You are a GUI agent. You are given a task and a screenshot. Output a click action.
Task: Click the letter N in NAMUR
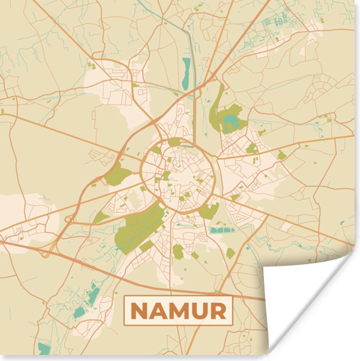click(139, 311)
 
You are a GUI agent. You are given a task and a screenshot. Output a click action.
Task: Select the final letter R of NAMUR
click(218, 311)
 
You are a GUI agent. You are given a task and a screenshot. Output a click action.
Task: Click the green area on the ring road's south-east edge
click(210, 211)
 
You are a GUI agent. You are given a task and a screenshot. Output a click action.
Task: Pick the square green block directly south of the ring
click(177, 251)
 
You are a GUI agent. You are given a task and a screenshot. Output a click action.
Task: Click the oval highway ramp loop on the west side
click(69, 220)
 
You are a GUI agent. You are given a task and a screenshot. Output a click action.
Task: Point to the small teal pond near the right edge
click(343, 223)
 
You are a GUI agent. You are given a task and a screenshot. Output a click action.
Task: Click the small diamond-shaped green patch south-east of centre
click(230, 253)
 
